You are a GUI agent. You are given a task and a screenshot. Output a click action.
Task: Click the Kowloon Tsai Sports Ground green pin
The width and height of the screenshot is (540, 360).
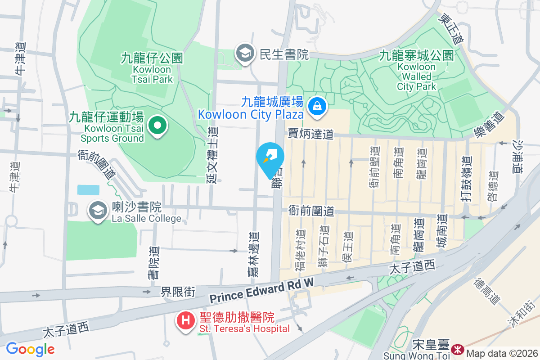(157, 126)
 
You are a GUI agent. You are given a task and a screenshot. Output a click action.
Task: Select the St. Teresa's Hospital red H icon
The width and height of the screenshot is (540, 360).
(185, 321)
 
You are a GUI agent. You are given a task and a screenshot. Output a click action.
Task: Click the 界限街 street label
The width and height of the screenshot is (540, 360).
(178, 292)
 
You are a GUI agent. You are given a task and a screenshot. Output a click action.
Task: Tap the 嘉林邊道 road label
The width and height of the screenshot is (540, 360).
(254, 254)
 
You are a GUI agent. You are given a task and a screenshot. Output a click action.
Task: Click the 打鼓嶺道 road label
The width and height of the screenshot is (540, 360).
(468, 179)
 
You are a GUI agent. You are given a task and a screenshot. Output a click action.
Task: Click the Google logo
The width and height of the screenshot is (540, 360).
(30, 349)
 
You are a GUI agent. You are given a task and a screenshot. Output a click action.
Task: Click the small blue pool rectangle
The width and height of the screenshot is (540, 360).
(88, 189)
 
